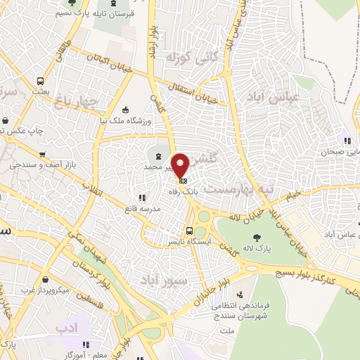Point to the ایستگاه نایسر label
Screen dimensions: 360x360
click(x=184, y=241)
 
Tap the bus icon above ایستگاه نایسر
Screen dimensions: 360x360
click(x=189, y=231)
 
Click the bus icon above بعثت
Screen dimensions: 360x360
click(x=41, y=81)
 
